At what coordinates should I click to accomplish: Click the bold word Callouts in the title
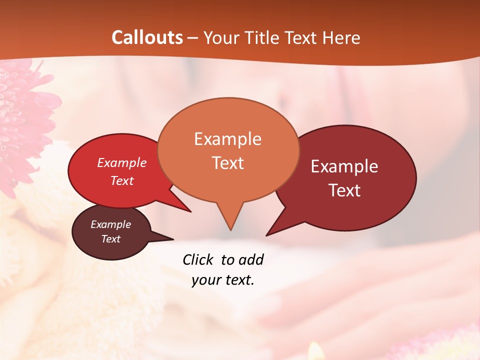147,37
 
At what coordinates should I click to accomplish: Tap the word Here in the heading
341,37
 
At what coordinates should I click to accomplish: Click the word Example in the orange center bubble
227,139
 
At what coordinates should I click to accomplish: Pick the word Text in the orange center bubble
227,163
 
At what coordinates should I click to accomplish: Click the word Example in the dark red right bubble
344,166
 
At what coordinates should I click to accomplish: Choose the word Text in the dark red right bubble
344,190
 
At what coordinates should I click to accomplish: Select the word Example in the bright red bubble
122,162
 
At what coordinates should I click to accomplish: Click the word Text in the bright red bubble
122,180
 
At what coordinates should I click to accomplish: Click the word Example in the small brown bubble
110,224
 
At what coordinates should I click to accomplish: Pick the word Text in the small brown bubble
110,239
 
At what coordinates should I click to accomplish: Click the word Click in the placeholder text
198,259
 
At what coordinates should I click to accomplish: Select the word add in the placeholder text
251,259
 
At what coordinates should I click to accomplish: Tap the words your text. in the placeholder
223,280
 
